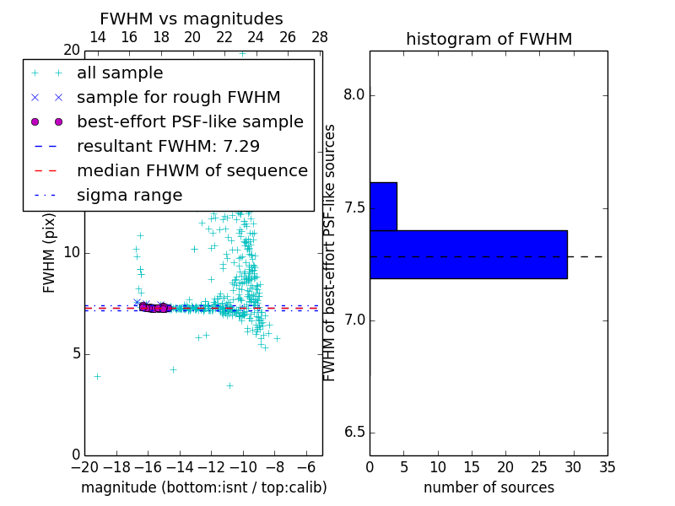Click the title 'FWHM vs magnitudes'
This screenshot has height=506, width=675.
pyautogui.click(x=191, y=19)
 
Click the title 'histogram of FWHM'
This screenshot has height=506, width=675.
pyautogui.click(x=489, y=39)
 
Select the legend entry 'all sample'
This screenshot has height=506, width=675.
pyautogui.click(x=120, y=73)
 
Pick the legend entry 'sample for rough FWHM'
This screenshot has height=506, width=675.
pyautogui.click(x=178, y=97)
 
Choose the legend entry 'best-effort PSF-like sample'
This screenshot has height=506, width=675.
pyautogui.click(x=190, y=121)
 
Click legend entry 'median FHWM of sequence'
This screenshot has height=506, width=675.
pyautogui.click(x=192, y=170)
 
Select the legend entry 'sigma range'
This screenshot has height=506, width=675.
pyautogui.click(x=129, y=195)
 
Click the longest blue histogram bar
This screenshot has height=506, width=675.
pyautogui.click(x=468, y=254)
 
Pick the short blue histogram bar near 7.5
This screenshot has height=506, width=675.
pyautogui.click(x=383, y=206)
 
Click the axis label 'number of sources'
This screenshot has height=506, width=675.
pyautogui.click(x=489, y=487)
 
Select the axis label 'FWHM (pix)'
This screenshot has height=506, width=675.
pyautogui.click(x=50, y=251)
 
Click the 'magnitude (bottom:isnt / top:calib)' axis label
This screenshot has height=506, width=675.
pyautogui.click(x=203, y=487)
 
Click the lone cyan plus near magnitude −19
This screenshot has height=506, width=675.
pyautogui.click(x=97, y=376)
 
